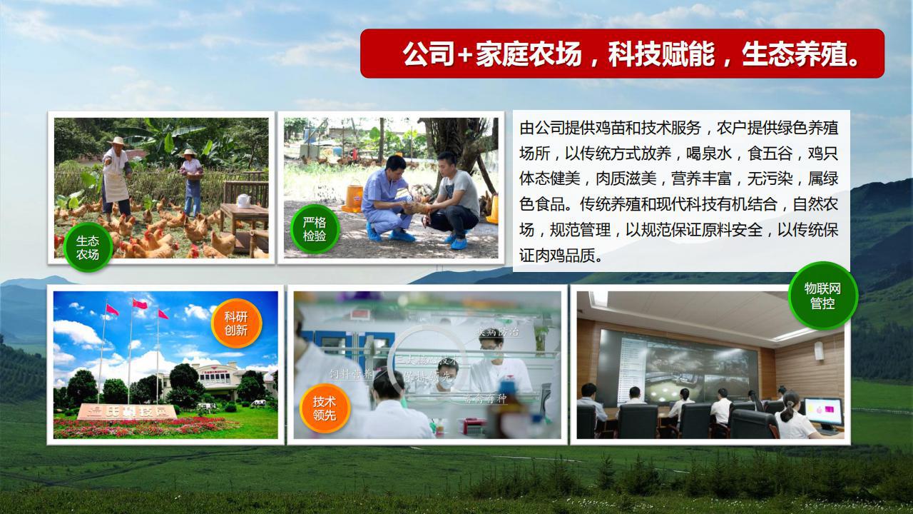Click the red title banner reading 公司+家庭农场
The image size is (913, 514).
coord(622,54)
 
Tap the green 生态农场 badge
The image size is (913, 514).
coord(88,248)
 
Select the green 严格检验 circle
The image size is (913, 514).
coord(315,228)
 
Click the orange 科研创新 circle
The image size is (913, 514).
coord(236,323)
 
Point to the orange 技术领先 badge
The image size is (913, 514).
coord(324,408)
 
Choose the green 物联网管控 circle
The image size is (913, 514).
coord(822,296)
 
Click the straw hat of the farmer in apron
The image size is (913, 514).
coord(116,142)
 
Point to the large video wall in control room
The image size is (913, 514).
coord(677,365)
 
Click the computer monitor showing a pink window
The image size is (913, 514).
coord(822,413)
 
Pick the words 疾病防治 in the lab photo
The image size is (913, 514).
coord(499,333)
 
